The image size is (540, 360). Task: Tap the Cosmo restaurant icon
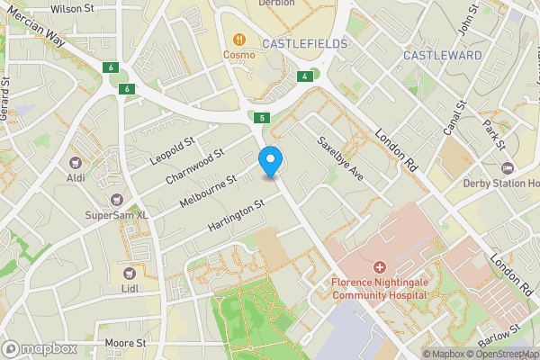tap(240, 39)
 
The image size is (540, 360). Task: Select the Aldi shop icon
tap(76, 163)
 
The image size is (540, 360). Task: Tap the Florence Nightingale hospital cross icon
tap(379, 267)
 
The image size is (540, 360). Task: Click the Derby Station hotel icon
tap(507, 168)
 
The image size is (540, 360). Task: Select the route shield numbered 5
tap(262, 118)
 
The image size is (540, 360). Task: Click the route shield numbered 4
tap(306, 76)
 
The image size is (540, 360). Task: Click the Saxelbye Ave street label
tap(339, 157)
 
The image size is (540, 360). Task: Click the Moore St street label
tap(125, 343)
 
